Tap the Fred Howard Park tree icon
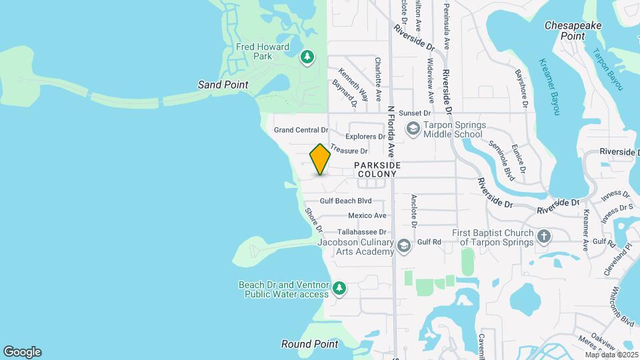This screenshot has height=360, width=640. pos(307,57)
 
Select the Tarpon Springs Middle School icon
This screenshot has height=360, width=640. pos(413,129)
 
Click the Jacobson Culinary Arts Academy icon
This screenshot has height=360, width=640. pos(403,247)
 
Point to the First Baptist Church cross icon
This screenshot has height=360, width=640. pos(544,237)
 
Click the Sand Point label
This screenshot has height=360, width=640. pos(223,85)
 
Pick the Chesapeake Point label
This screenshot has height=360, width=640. pos(573,30)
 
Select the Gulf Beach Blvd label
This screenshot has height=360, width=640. pos(345,201)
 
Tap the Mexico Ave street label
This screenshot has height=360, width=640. pos(367,215)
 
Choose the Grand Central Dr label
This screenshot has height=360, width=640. pos(301,129)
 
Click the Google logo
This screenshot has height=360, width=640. pos(22,352)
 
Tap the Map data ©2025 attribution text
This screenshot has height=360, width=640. pos(611,355)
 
